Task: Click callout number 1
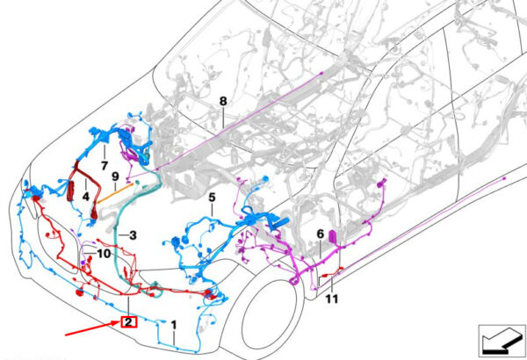tap(173, 325)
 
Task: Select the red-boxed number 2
tap(128, 322)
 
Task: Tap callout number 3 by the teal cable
tap(134, 235)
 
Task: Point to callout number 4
tap(86, 197)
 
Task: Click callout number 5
tap(212, 198)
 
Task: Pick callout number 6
tap(321, 234)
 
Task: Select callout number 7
tap(105, 166)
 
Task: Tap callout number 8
tap(223, 101)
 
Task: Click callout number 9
tap(115, 176)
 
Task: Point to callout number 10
tap(104, 254)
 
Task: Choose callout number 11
tap(331, 299)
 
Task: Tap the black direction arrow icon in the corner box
tap(502, 342)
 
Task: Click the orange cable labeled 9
tap(114, 194)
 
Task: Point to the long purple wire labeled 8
tap(239, 120)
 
